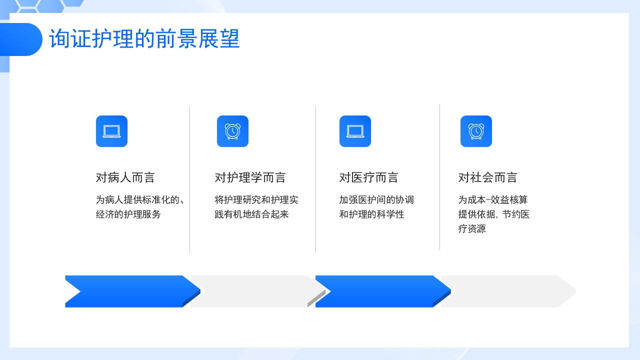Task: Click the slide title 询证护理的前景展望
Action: [x=144, y=39]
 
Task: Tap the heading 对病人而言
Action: [x=125, y=177]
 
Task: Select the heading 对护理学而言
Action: [x=250, y=177]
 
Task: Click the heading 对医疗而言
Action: [x=369, y=177]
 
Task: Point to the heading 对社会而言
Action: [x=488, y=177]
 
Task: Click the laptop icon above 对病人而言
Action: [x=111, y=131]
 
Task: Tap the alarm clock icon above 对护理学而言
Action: [x=232, y=131]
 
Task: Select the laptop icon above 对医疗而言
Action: [x=355, y=131]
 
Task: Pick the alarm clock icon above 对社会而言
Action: [x=476, y=131]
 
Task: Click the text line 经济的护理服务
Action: [x=128, y=214]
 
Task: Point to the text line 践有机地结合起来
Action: [x=252, y=214]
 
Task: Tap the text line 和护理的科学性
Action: [x=372, y=214]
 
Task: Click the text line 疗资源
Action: [x=472, y=229]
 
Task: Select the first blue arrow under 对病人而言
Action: [x=130, y=291]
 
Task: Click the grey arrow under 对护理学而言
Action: [x=252, y=291]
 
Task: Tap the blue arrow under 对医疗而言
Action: [x=380, y=291]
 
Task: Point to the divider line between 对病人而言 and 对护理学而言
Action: [x=190, y=180]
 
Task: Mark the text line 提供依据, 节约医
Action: [x=494, y=214]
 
